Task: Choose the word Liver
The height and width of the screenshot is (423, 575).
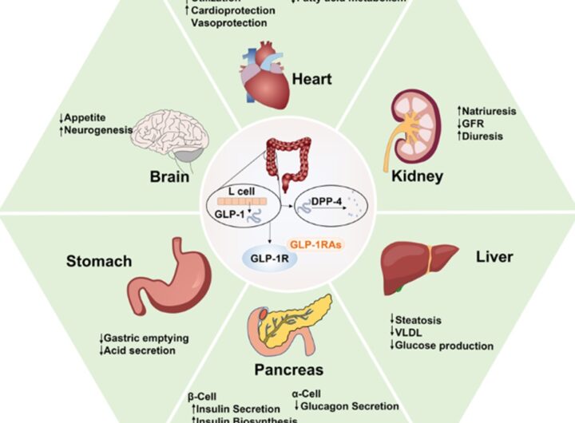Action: pyautogui.click(x=494, y=258)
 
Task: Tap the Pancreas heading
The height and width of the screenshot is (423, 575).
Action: pyautogui.click(x=289, y=370)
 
